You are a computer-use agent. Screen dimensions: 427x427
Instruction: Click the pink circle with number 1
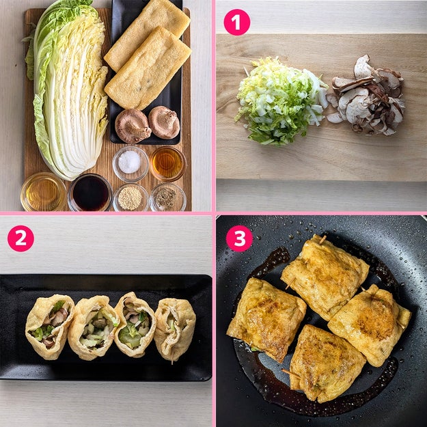(236, 23)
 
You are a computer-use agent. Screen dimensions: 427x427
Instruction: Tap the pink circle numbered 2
(20, 238)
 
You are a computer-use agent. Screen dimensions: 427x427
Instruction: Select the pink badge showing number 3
(239, 238)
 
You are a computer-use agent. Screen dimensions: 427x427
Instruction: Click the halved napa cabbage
(68, 90)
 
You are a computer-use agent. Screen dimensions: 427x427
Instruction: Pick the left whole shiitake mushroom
(133, 126)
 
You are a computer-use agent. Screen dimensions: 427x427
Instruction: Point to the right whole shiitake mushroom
(164, 122)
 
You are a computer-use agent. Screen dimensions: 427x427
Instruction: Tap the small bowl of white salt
(130, 164)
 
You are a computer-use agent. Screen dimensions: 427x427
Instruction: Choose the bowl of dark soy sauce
(90, 193)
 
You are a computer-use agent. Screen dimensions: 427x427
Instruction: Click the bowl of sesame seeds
(130, 197)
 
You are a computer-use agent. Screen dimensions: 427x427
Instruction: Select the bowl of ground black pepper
(168, 197)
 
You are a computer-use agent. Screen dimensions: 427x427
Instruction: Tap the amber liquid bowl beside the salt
(167, 164)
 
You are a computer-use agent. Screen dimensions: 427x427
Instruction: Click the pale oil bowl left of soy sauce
(43, 192)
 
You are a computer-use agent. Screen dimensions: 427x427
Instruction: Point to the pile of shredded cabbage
(281, 100)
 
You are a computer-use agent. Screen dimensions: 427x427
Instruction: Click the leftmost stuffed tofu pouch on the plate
(50, 326)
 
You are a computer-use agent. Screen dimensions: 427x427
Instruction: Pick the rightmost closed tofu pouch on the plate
(175, 329)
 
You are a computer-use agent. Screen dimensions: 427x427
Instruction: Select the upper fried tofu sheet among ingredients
(147, 35)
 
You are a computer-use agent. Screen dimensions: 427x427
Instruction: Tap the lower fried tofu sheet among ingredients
(148, 68)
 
